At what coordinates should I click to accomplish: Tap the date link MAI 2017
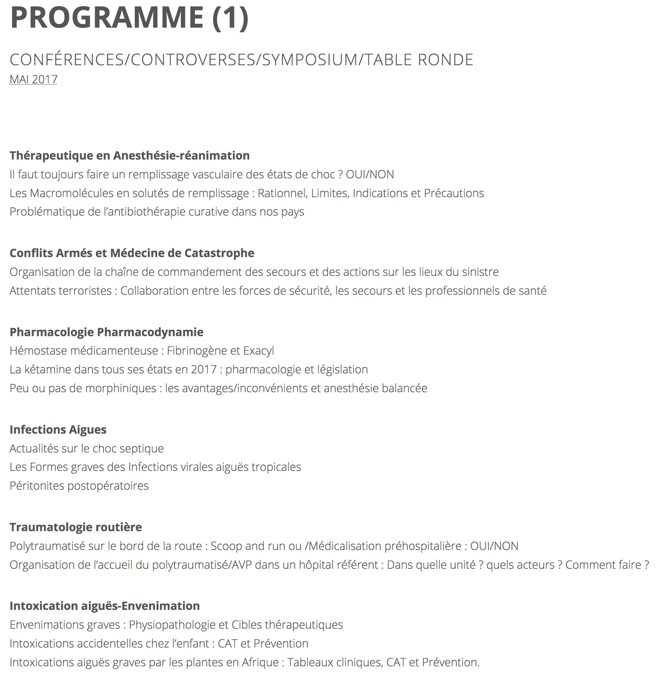coord(33,79)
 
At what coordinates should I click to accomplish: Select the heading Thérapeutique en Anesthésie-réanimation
coord(129,155)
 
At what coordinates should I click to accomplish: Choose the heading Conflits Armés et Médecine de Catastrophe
coord(132,253)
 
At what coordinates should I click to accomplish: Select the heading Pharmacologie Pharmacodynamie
coord(106,332)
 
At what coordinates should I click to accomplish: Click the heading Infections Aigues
coord(58,429)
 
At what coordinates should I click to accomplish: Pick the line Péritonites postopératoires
coord(79,485)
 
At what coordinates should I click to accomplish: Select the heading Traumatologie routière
coord(76,527)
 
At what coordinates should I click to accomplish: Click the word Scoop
coord(226,546)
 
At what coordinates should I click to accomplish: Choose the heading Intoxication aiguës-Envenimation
coord(105,606)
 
